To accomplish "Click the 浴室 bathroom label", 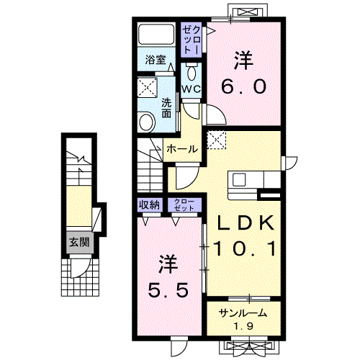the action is [x=156, y=60].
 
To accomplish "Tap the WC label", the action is [x=191, y=89].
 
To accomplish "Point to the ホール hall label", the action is [x=182, y=149].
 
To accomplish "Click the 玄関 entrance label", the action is [x=79, y=242].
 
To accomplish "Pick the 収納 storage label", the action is [x=150, y=205].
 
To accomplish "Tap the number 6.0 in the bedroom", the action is [x=244, y=86].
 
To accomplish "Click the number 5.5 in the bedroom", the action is [x=168, y=289].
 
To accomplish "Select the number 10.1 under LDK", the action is [x=244, y=248].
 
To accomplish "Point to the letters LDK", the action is [x=246, y=222].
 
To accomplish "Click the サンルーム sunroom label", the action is [x=243, y=313].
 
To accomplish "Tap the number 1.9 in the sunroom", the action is [x=243, y=326].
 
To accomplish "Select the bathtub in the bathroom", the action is [x=156, y=34].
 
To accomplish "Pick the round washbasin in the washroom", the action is [x=146, y=122].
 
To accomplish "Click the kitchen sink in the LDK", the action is [x=239, y=180].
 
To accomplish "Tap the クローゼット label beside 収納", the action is [x=184, y=205].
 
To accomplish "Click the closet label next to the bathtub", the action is [x=192, y=40].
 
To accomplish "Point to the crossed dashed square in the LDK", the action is [x=217, y=140].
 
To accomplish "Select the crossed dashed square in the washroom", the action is [x=147, y=87].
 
